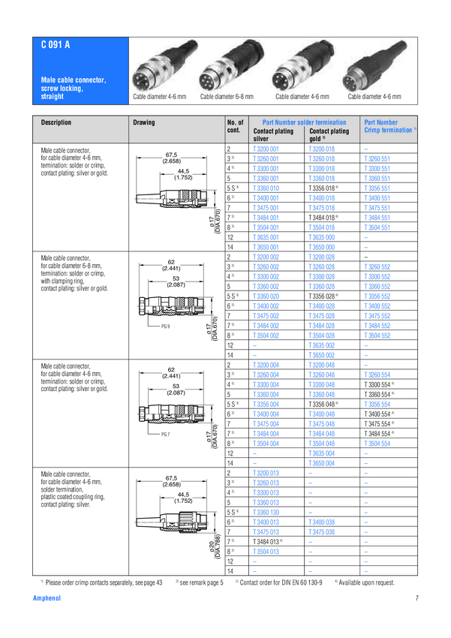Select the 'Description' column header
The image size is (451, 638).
(x=56, y=122)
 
